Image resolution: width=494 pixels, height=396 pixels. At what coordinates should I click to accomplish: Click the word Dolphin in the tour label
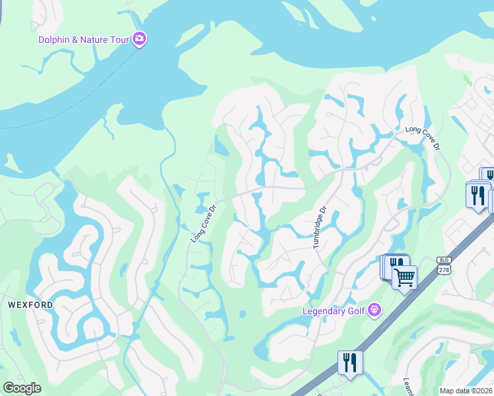coord(55,40)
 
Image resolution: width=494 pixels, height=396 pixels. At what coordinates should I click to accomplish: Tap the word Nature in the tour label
coord(96,40)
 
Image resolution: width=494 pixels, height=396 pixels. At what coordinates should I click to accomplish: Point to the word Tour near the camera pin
coord(120,40)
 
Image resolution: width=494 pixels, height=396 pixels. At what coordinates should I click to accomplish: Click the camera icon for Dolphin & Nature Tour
coord(139,40)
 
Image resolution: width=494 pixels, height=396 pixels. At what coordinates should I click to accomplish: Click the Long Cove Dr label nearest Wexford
coord(203,223)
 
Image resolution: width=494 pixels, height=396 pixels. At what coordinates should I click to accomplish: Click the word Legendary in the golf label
coord(324,311)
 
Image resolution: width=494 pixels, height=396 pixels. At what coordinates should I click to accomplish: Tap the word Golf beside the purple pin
coord(357,311)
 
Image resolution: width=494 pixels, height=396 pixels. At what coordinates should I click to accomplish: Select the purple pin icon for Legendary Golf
coord(374,309)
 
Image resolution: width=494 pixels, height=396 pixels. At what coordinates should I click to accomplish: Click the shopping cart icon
coord(404,277)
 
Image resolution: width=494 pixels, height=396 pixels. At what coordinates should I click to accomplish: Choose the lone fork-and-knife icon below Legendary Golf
coord(349,362)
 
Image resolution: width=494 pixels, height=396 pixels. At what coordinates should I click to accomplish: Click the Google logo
coord(22,388)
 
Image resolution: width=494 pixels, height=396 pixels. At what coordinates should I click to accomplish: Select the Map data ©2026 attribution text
coord(466,391)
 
